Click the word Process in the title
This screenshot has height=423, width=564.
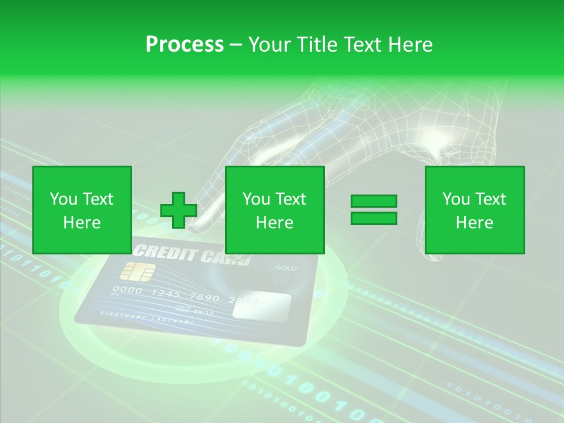pyautogui.click(x=184, y=44)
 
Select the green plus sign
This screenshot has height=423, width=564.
pyautogui.click(x=178, y=210)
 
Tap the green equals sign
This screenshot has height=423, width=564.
pyautogui.click(x=374, y=210)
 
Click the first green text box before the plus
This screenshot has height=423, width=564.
pyautogui.click(x=82, y=210)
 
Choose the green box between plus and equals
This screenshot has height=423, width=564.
pyautogui.click(x=274, y=210)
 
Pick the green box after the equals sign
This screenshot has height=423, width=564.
pyautogui.click(x=474, y=210)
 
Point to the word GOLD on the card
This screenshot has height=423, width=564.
pyautogui.click(x=286, y=268)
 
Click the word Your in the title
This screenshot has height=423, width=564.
pyautogui.click(x=270, y=44)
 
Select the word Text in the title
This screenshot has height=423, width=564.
pyautogui.click(x=361, y=44)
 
